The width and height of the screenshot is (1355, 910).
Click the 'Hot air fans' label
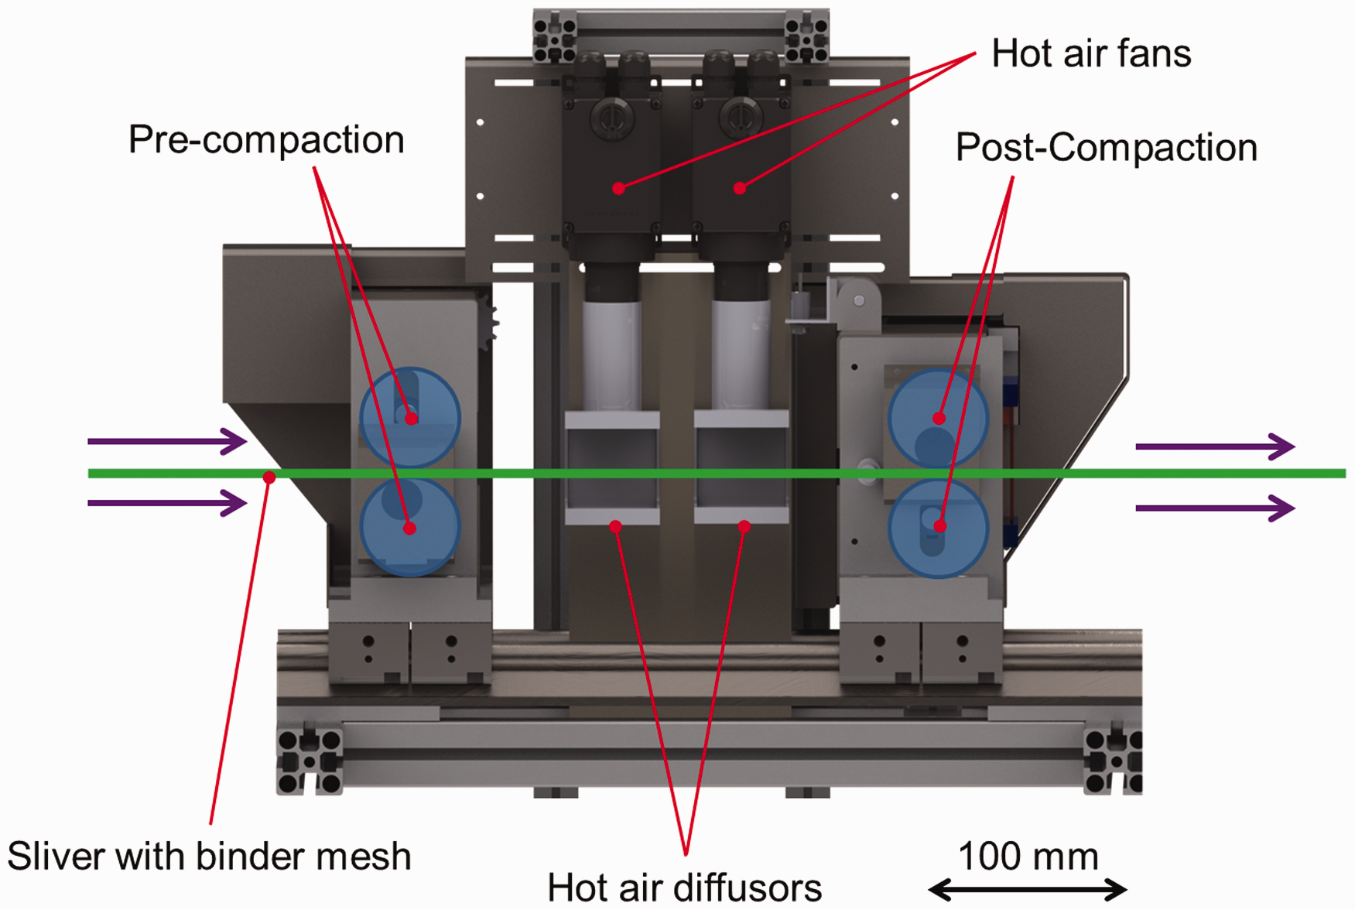[1091, 53]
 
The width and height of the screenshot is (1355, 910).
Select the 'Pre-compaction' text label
[266, 140]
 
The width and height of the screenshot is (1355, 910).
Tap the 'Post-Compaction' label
[1107, 147]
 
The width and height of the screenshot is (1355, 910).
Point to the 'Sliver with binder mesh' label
[209, 857]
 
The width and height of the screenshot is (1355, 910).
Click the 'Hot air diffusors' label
[684, 888]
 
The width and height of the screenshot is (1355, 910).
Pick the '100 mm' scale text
[1028, 857]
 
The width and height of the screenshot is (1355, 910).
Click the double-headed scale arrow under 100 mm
[1028, 890]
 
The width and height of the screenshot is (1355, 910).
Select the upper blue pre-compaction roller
[410, 418]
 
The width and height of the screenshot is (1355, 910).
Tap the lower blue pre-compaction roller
[410, 527]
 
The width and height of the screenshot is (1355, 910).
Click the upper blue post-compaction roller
[938, 419]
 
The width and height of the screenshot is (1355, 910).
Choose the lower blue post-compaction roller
[938, 529]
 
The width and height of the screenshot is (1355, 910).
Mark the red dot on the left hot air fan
[618, 188]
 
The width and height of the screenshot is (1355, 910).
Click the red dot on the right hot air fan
[740, 188]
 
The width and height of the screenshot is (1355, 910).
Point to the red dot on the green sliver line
[269, 477]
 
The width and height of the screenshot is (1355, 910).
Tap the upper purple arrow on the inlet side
[167, 441]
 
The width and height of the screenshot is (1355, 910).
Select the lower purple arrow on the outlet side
[1215, 508]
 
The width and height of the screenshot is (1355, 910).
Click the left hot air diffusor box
[612, 468]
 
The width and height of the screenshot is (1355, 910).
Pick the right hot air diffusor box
[741, 468]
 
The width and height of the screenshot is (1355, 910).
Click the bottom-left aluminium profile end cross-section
[310, 761]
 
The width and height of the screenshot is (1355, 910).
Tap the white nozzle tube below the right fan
[741, 356]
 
